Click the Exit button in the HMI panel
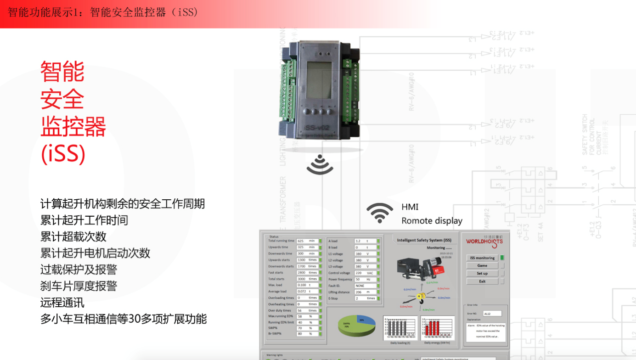(482, 281)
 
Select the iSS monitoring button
(482, 258)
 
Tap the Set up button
(482, 273)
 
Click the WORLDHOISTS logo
(484, 242)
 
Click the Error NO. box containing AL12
(492, 314)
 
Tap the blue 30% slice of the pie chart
(365, 321)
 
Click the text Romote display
(432, 221)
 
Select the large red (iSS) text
(63, 154)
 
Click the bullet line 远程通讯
(62, 303)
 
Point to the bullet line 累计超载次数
(73, 236)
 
